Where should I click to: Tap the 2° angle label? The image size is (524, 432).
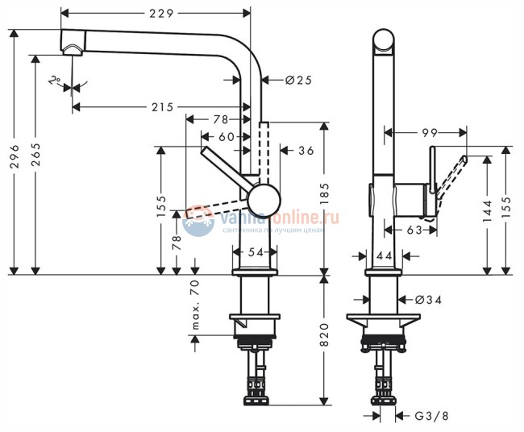pyautogui.click(x=53, y=81)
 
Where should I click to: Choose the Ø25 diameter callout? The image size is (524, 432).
pyautogui.click(x=297, y=79)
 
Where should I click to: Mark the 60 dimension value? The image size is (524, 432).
pyautogui.click(x=227, y=136)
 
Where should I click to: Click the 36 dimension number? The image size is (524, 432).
pyautogui.click(x=306, y=150)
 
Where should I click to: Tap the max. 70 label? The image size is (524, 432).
pyautogui.click(x=195, y=305)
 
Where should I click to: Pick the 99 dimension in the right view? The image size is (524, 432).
pyautogui.click(x=428, y=131)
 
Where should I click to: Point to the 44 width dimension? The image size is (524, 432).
pyautogui.click(x=385, y=255)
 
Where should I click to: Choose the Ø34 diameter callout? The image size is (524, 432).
pyautogui.click(x=428, y=300)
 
